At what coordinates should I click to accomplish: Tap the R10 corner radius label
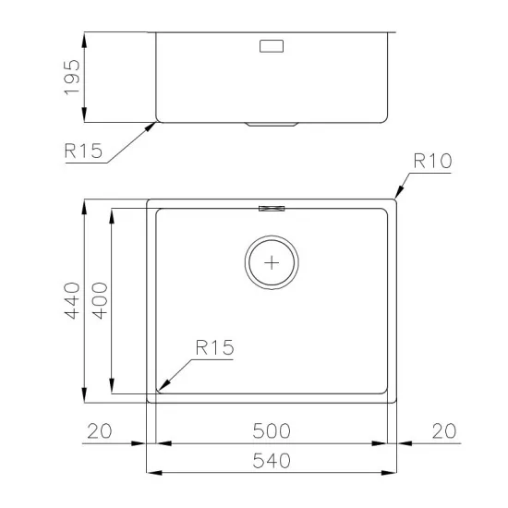431,163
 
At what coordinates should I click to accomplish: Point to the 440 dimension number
72,300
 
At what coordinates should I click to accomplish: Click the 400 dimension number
99,300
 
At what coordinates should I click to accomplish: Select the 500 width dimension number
272,431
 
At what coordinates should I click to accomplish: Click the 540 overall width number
272,459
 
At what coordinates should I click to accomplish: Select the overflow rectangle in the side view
273,46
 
